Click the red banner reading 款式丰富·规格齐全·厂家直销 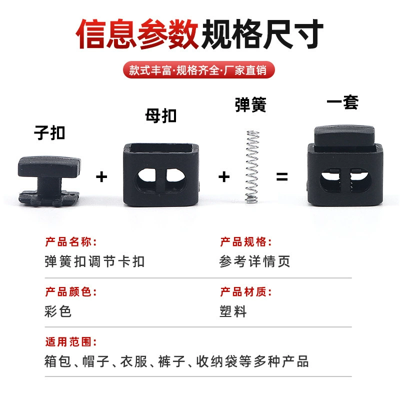pyautogui.click(x=198, y=70)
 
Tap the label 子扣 pyautogui.click(x=49, y=132)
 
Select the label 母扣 pyautogui.click(x=161, y=115)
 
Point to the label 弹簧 pyautogui.click(x=251, y=104)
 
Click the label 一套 pyautogui.click(x=342, y=102)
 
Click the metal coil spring pyautogui.click(x=252, y=167)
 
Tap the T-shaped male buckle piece pyautogui.click(x=49, y=181)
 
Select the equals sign pyautogui.click(x=282, y=176)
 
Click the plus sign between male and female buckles pyautogui.click(x=101, y=177)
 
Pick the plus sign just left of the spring pyautogui.click(x=224, y=177)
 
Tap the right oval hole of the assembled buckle pyautogui.click(x=360, y=180)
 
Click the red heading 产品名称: pyautogui.click(x=71, y=242)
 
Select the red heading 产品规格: pyautogui.click(x=246, y=242)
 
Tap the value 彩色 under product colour pyautogui.click(x=58, y=311)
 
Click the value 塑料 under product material pyautogui.click(x=233, y=311)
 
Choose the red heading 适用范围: pyautogui.click(x=71, y=341)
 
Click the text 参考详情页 pyautogui.click(x=254, y=261)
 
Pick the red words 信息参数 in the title pyautogui.click(x=137, y=33)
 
